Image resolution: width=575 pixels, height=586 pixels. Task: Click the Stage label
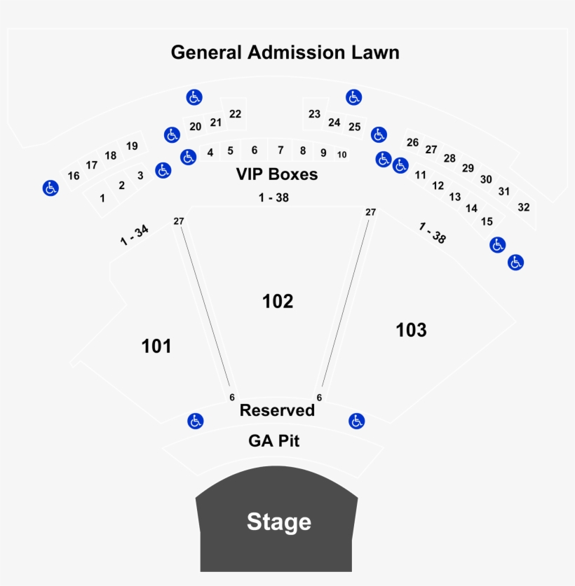click(279, 522)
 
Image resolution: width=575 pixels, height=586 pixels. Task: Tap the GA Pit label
click(274, 441)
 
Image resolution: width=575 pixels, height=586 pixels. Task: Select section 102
click(278, 301)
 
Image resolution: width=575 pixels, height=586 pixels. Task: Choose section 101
click(156, 346)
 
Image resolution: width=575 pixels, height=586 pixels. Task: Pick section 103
click(411, 330)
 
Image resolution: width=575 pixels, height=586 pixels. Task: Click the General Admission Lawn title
click(285, 53)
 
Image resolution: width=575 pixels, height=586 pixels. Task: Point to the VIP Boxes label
click(277, 174)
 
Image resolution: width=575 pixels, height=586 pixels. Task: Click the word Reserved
click(277, 410)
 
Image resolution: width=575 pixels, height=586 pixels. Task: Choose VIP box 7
click(280, 151)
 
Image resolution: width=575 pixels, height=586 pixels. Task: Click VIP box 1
click(102, 198)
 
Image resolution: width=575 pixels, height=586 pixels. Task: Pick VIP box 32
click(524, 207)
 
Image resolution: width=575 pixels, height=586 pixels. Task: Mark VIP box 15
click(487, 221)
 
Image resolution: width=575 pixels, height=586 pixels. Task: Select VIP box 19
click(132, 146)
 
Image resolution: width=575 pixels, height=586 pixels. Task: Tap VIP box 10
click(341, 155)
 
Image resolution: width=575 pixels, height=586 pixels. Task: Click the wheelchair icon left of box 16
click(50, 188)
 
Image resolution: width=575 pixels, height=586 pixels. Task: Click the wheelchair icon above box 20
click(194, 97)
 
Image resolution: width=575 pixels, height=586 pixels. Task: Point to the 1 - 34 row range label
click(134, 235)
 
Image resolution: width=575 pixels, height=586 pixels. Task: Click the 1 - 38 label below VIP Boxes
click(273, 197)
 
